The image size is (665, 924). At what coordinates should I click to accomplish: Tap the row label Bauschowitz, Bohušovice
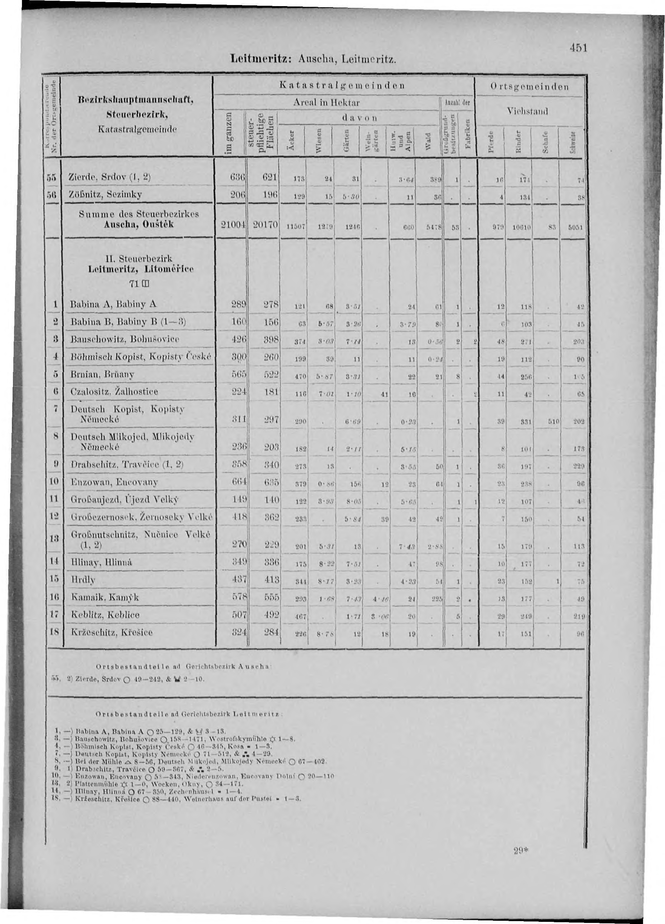click(125, 339)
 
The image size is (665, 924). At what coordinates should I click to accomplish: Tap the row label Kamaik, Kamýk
click(105, 597)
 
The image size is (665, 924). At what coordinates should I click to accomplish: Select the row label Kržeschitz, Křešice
click(112, 633)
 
